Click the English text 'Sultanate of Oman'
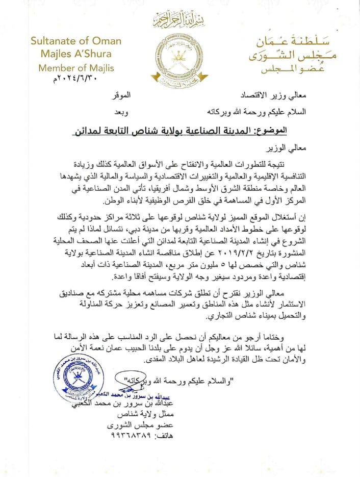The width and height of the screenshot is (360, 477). tap(75, 41)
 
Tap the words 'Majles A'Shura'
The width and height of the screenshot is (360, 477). tap(71, 54)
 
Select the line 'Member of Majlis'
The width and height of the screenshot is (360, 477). tap(76, 68)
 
